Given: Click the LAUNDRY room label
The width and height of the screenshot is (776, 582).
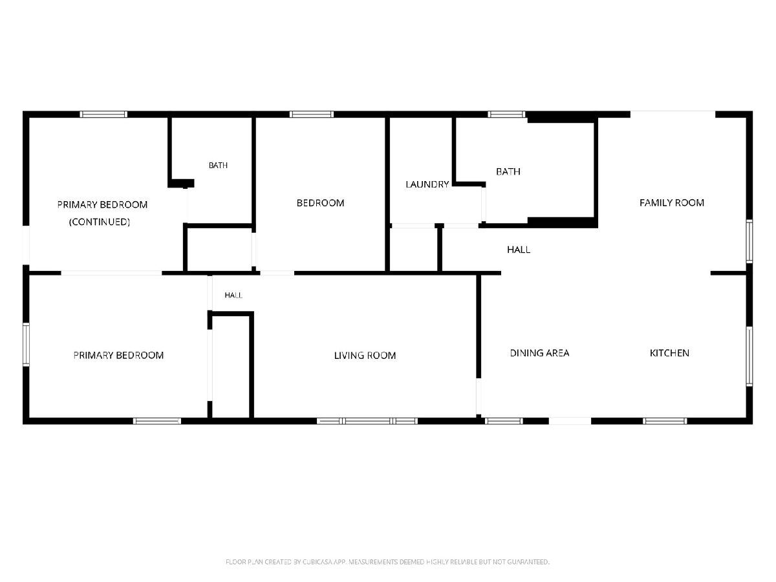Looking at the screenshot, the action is (x=427, y=184).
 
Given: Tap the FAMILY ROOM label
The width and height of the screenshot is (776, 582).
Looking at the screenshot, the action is (x=672, y=203).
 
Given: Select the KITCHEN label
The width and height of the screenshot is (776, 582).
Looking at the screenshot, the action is (x=669, y=353).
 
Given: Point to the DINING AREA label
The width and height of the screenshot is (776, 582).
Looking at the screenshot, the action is (x=539, y=353).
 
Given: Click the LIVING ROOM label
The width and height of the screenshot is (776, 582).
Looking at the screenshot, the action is (x=365, y=356).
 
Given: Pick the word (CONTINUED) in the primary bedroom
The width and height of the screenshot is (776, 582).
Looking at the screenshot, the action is (x=100, y=222).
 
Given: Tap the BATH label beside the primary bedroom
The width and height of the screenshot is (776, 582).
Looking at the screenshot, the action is (x=218, y=166).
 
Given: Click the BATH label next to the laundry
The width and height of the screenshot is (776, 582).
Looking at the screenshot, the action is (x=508, y=172).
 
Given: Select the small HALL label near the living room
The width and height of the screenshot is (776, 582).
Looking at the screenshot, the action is (x=233, y=295).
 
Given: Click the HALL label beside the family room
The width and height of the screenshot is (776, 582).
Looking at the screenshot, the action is (x=519, y=250).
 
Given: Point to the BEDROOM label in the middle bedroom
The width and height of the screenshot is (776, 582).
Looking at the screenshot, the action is (x=320, y=203).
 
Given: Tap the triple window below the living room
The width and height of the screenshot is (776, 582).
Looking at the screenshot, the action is (x=367, y=421).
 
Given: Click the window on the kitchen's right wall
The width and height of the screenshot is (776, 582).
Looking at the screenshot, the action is (x=749, y=356).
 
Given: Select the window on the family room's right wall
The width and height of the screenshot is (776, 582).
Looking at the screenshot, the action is (x=749, y=241).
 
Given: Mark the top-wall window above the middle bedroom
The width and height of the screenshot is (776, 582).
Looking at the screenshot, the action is (x=312, y=114).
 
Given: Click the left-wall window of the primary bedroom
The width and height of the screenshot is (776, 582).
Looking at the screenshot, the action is (x=26, y=344).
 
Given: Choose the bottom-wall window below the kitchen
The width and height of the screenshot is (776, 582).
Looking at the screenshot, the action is (x=665, y=421).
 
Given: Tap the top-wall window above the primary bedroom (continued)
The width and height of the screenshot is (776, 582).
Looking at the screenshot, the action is (x=103, y=114).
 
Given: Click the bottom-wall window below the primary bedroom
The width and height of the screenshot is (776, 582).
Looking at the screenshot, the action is (x=157, y=421).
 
